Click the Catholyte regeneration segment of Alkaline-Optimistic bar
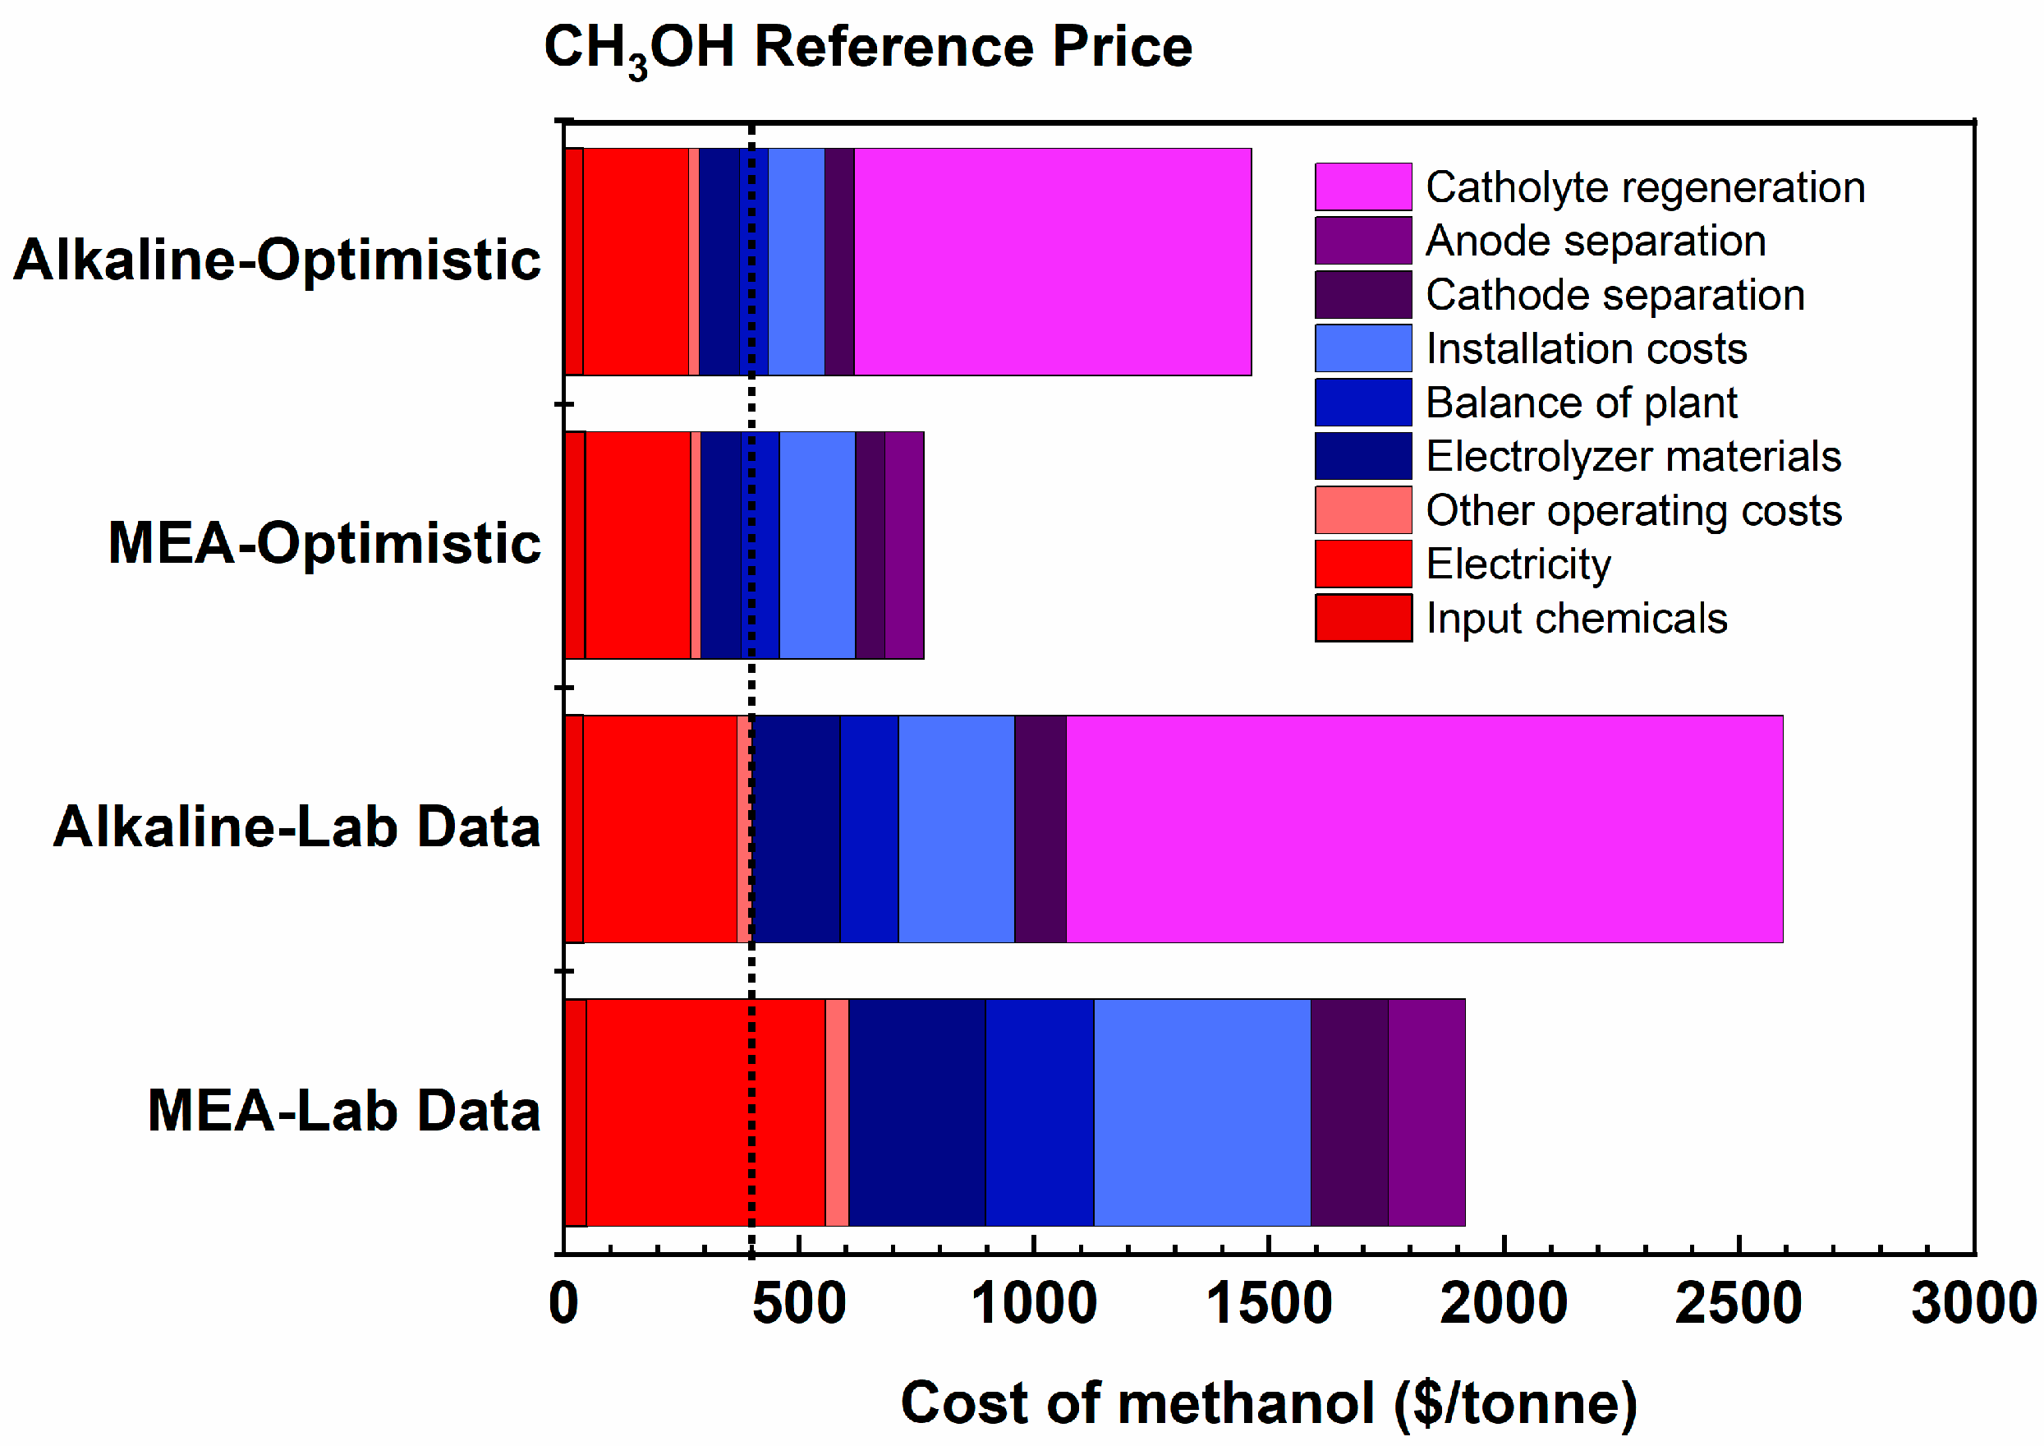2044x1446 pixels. point(1052,262)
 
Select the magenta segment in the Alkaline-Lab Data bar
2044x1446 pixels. point(1424,829)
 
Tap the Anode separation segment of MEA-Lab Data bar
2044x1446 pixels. point(1426,1113)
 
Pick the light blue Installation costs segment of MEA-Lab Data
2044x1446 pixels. point(1201,1113)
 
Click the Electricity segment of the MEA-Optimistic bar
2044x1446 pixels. point(637,546)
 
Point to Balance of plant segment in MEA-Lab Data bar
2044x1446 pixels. point(1039,1113)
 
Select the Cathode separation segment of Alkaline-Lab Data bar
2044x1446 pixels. point(1040,829)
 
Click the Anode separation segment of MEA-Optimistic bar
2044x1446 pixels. point(903,546)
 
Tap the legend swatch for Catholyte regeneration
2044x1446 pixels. point(1363,187)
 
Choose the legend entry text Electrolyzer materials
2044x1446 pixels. point(1633,457)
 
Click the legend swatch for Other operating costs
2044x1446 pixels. point(1363,510)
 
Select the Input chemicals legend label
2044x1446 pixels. point(1576,619)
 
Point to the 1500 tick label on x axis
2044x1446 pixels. point(1269,1305)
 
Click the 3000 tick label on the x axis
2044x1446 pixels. point(1973,1305)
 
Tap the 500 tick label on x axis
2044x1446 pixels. point(798,1305)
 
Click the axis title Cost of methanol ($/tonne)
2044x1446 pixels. point(1269,1404)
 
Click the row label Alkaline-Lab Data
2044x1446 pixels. point(296,827)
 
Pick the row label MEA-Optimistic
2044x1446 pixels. point(324,543)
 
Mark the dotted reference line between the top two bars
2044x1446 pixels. point(751,405)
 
